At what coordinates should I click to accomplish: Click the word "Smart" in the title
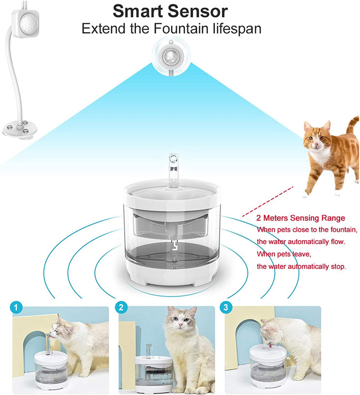point(138,12)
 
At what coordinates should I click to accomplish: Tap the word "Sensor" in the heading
point(197,12)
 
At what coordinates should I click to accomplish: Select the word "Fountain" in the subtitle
point(182,28)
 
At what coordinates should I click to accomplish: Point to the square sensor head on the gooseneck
point(26,23)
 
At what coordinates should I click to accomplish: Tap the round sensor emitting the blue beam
point(172,56)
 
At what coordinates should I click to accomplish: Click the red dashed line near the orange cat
point(267,201)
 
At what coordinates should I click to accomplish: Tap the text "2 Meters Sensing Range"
point(301,218)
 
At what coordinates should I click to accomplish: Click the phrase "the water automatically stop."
point(302,266)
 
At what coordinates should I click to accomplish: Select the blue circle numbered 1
point(16,308)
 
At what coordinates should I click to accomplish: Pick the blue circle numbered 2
point(121,308)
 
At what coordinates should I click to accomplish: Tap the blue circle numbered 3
point(226,308)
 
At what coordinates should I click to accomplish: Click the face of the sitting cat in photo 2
point(180,320)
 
